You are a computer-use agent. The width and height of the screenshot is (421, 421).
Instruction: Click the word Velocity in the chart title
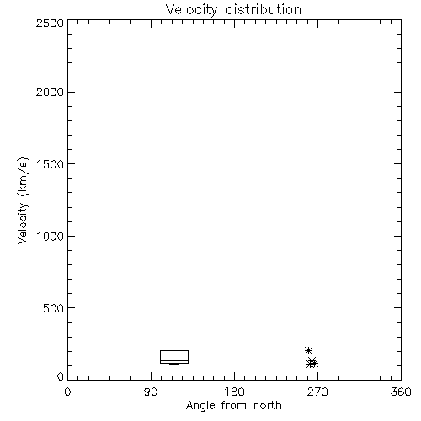coord(192,10)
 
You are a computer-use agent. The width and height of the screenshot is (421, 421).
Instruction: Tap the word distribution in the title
coord(264,9)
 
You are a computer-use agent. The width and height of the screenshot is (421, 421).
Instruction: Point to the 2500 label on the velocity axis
coord(50,23)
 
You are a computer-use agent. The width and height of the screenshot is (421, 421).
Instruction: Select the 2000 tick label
coord(50,93)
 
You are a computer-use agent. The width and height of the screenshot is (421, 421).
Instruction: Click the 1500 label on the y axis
coord(51,164)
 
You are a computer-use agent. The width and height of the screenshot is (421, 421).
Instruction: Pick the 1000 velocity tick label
coord(51,237)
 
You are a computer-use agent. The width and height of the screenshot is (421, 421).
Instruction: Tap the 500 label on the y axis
coord(54,308)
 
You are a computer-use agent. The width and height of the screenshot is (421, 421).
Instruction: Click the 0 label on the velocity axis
coord(61,376)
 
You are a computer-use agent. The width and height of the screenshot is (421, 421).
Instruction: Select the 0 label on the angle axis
coord(67,392)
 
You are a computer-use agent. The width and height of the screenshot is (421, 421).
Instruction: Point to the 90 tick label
coord(151,392)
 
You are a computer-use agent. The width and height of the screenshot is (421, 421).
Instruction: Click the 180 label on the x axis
coord(234,392)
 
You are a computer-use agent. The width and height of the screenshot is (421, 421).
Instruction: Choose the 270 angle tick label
coord(317,392)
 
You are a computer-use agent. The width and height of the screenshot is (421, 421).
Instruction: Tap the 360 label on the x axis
coord(401,392)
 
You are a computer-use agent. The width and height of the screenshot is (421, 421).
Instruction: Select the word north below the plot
coord(268,405)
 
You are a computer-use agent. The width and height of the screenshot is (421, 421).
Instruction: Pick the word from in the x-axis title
coord(235,405)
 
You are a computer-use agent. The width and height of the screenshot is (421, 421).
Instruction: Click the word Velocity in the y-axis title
coord(23,223)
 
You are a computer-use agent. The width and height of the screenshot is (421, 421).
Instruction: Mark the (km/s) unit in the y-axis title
coord(23,177)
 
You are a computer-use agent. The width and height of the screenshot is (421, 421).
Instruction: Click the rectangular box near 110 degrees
coord(174,350)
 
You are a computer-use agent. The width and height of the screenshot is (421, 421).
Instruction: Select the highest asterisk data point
coord(308,350)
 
